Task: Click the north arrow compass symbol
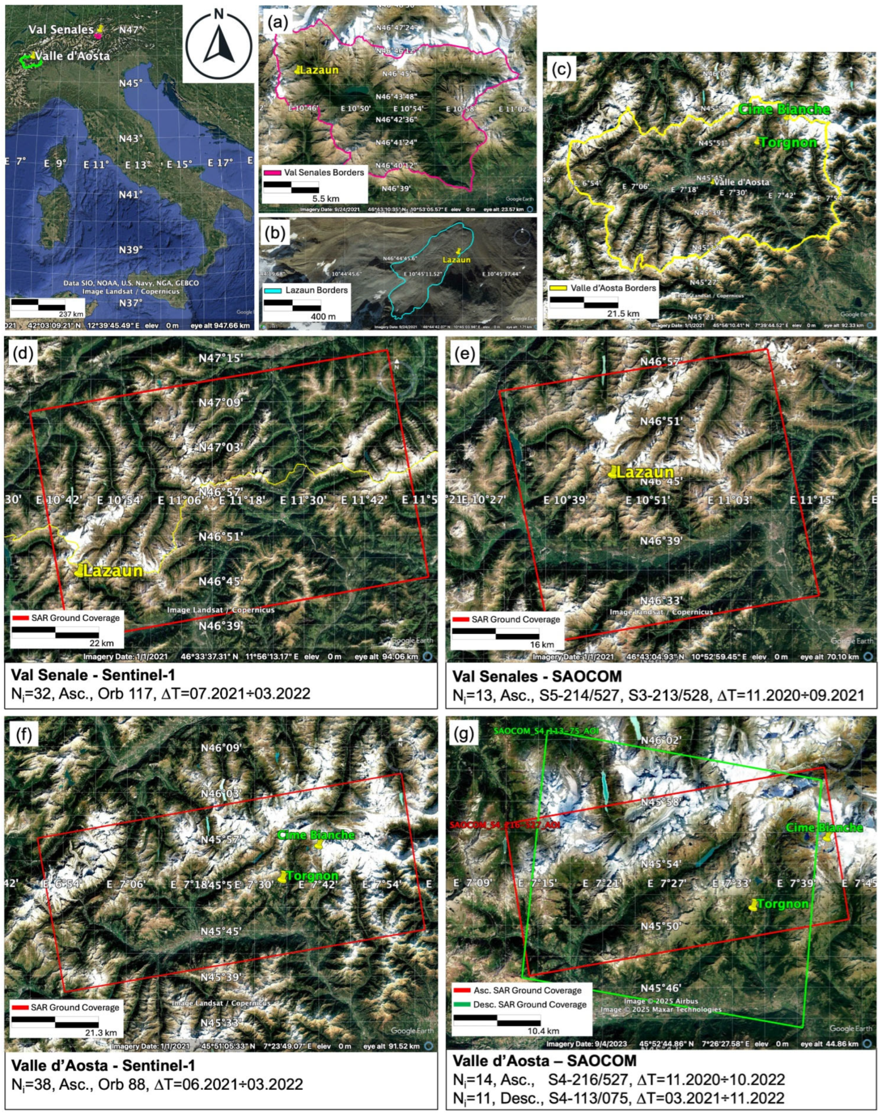point(219,45)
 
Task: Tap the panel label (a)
point(276,23)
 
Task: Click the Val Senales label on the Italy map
point(61,30)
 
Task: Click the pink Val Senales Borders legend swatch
point(272,172)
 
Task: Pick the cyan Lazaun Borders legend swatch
point(272,290)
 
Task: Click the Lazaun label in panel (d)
point(113,570)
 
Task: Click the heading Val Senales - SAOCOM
point(537,676)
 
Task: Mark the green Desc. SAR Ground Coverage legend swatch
point(462,1005)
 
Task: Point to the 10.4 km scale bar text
point(542,1031)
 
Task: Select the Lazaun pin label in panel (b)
point(456,260)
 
